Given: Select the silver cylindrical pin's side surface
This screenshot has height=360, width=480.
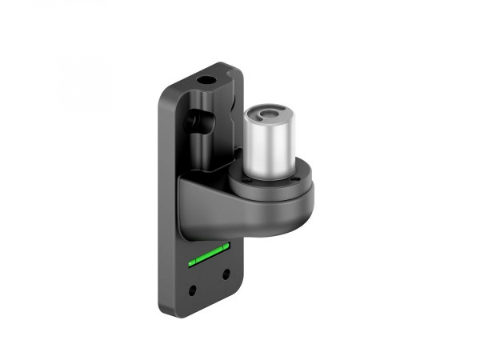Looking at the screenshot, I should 268,148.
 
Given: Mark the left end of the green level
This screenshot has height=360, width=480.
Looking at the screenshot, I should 190,262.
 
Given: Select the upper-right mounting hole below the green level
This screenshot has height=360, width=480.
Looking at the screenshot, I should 226,273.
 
